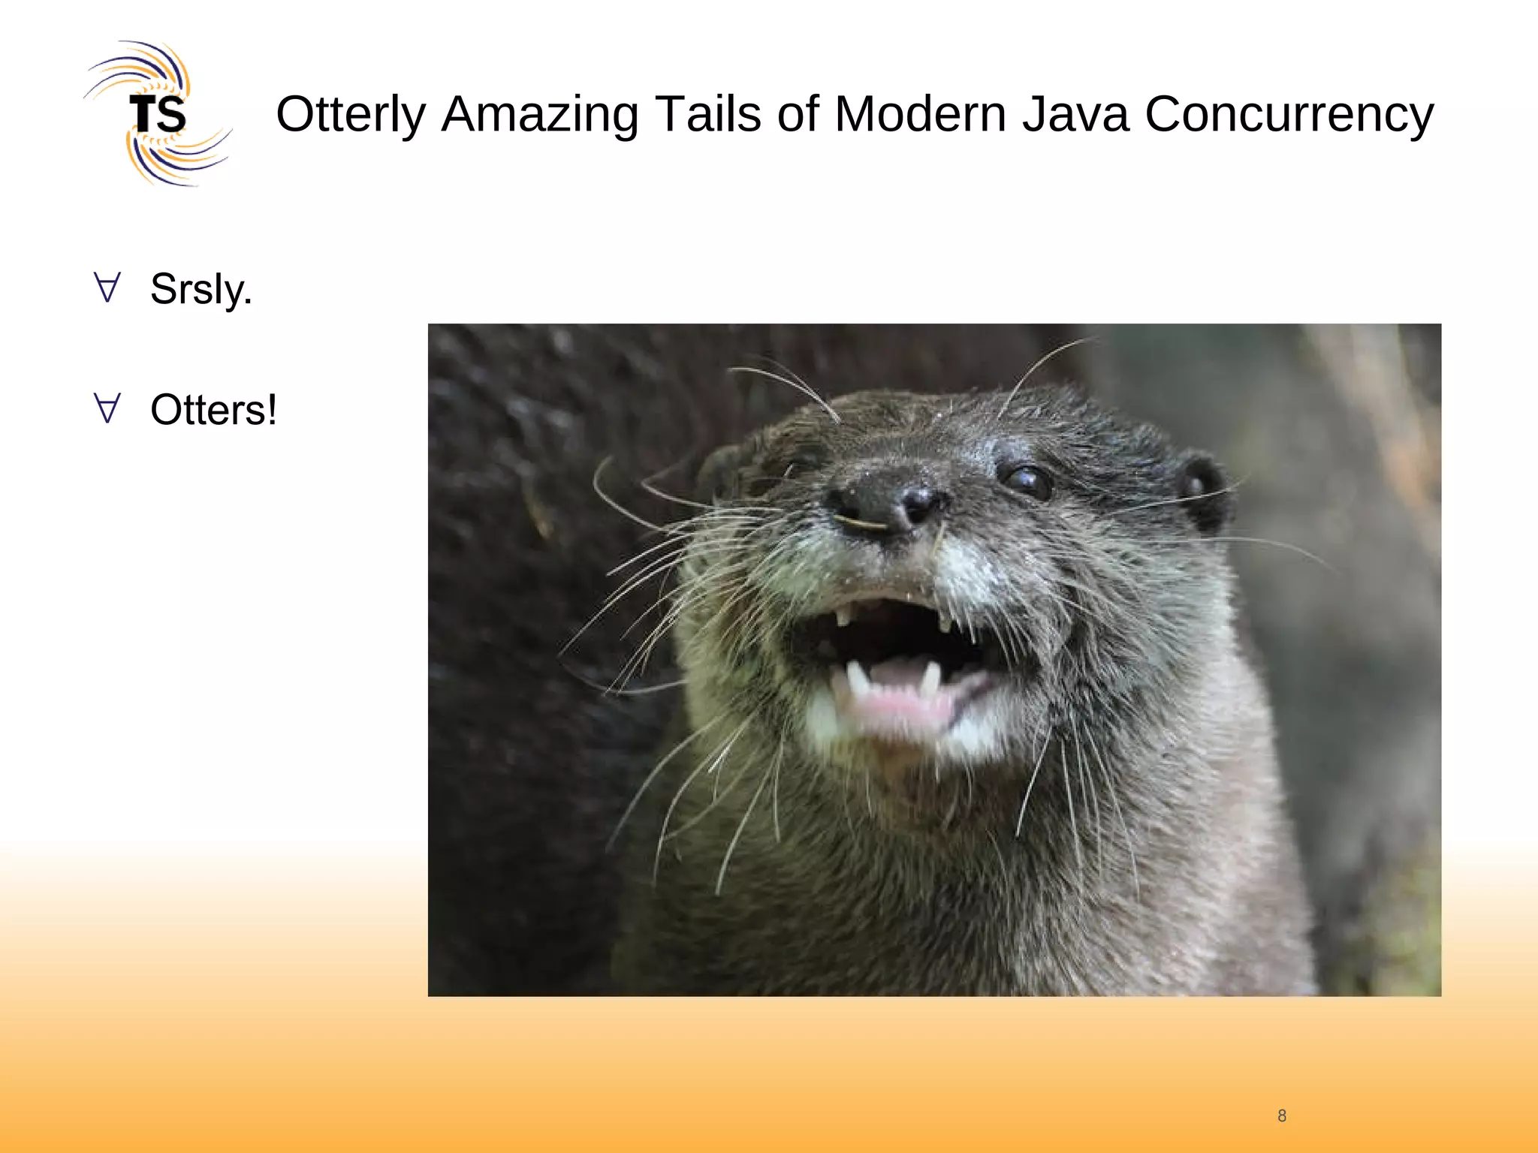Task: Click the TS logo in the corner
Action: pos(158,113)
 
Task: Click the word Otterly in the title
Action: pos(351,115)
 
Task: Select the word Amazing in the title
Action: pos(540,115)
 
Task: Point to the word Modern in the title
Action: pos(920,115)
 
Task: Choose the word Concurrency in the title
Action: pos(1289,115)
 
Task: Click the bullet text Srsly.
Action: pos(201,289)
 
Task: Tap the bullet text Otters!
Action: pos(213,410)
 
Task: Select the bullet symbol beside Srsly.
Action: pos(107,287)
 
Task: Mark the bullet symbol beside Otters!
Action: pos(107,408)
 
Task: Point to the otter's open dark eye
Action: pos(1027,480)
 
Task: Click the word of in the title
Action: pos(798,115)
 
